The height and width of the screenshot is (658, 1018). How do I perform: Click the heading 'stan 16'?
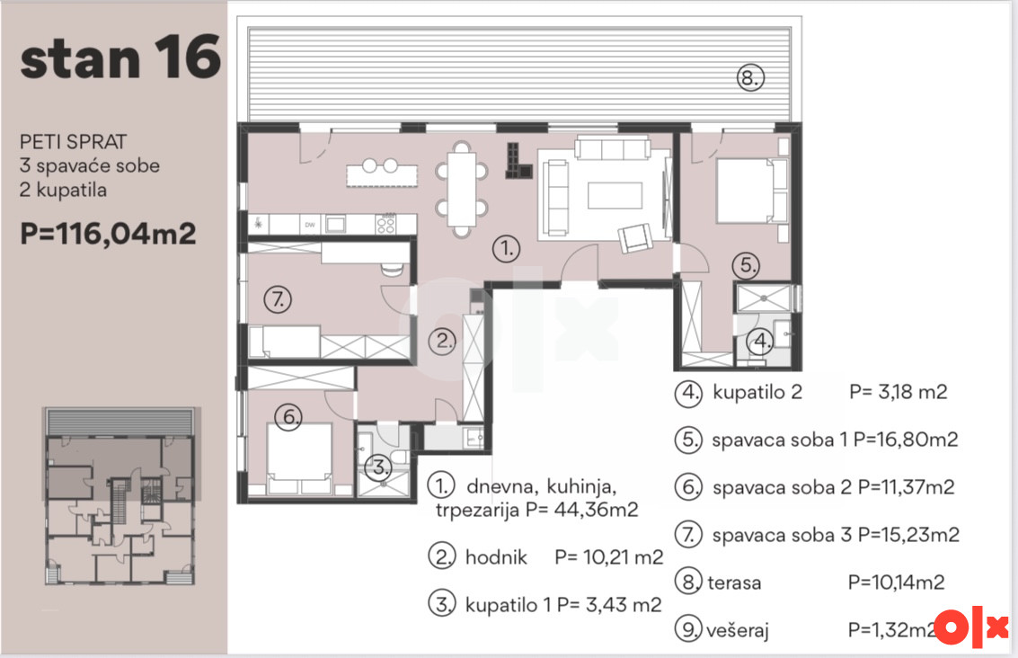[120, 58]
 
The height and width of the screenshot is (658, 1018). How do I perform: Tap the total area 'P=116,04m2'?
[108, 234]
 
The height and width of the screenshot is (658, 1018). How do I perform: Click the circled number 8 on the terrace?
[750, 78]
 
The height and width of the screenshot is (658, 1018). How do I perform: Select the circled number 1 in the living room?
[507, 248]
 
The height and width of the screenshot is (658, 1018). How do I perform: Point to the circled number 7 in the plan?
[278, 299]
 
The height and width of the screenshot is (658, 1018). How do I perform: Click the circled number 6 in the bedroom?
[289, 416]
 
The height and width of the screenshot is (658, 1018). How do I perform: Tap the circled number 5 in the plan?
[747, 264]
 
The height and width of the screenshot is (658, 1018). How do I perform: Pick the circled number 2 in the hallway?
[444, 341]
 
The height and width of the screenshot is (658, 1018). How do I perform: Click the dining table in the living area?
[462, 189]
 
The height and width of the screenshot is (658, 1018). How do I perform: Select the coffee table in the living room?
[615, 196]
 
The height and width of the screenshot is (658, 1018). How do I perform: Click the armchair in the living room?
[635, 237]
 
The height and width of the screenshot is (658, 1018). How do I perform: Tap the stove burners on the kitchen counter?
[385, 224]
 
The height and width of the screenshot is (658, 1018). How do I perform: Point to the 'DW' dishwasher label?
[310, 225]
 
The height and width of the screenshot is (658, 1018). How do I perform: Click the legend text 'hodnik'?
[496, 557]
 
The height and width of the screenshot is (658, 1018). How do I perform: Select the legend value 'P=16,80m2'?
[906, 440]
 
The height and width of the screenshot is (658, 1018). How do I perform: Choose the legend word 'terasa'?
[734, 582]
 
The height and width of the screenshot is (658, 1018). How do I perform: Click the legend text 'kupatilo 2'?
[757, 392]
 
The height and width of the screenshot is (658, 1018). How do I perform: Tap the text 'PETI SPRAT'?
[74, 142]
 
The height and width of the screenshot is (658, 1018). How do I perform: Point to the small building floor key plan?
[120, 497]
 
